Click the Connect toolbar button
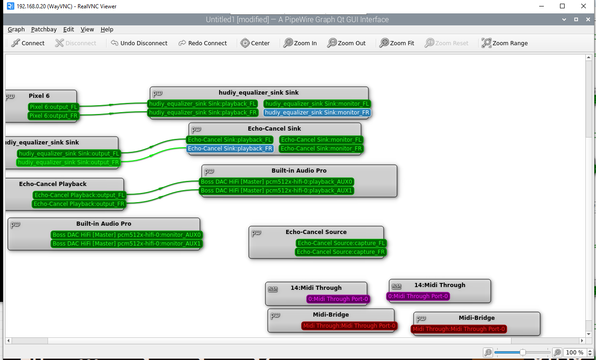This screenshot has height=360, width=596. (x=28, y=43)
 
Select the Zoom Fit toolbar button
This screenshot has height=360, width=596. (x=397, y=43)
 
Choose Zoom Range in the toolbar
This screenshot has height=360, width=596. (x=505, y=43)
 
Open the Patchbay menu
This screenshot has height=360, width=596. (x=44, y=29)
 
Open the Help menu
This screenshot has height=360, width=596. (x=107, y=29)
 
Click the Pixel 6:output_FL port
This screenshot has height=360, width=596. (x=53, y=107)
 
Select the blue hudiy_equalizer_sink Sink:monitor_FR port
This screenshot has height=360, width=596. (x=317, y=112)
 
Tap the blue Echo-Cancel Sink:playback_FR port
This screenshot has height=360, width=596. (x=230, y=149)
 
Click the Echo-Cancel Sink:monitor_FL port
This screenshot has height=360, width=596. (x=321, y=140)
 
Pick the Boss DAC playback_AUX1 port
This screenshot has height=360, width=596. (x=277, y=191)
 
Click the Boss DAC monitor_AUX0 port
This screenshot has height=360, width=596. (x=127, y=235)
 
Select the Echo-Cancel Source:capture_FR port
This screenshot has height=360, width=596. (x=340, y=252)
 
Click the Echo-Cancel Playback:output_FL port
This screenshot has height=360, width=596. (x=79, y=195)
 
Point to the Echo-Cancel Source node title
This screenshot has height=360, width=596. (x=316, y=232)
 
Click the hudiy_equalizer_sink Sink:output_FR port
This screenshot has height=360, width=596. (x=68, y=162)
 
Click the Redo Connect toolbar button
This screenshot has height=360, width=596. (x=203, y=43)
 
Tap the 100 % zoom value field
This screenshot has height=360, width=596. (x=574, y=352)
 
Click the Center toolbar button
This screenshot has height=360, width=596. (x=255, y=43)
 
